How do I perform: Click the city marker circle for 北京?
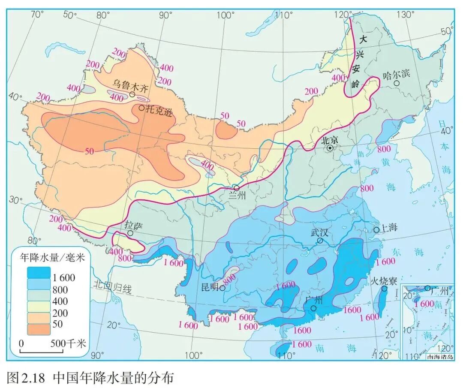click(x=330, y=148)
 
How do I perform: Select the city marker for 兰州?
click(x=236, y=188)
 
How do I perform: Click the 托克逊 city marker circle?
click(x=141, y=108)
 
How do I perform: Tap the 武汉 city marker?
click(x=320, y=241)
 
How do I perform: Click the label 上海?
click(x=389, y=228)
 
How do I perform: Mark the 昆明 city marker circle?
click(x=222, y=288)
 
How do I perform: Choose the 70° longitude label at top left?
click(x=37, y=14)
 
